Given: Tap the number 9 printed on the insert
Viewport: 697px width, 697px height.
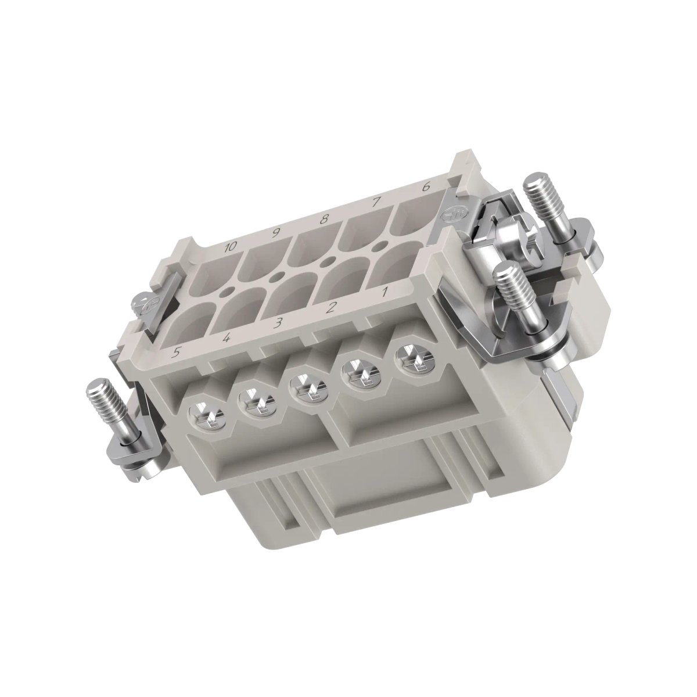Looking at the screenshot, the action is [276, 233].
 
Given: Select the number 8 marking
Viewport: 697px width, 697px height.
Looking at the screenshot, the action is [325, 218].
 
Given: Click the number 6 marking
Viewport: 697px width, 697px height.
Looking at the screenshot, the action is [426, 187].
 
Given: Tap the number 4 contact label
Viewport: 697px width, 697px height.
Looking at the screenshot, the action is [227, 338].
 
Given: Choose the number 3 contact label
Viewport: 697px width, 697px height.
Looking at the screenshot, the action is [278, 322].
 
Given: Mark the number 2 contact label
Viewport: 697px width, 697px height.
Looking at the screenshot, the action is [329, 308].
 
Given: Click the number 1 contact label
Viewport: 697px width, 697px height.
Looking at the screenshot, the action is [385, 291].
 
